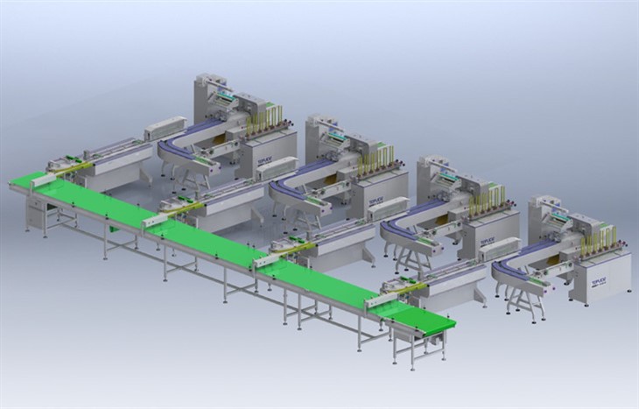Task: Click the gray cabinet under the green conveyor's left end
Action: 35,209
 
